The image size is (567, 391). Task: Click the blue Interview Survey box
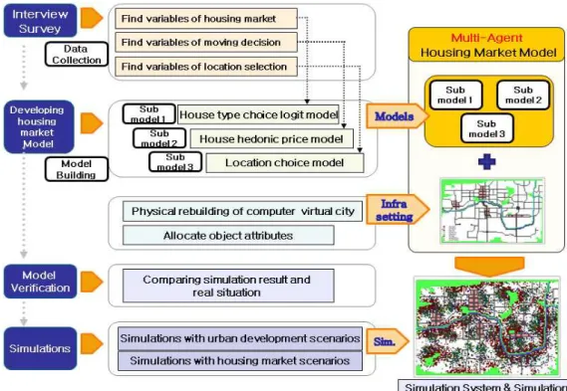coord(40,21)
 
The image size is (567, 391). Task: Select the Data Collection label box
coord(77,54)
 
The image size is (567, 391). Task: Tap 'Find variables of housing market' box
coord(206,19)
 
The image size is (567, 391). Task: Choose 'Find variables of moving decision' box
coord(206,42)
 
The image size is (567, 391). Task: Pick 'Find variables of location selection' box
coord(206,67)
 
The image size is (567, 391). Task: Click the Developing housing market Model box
coord(39,126)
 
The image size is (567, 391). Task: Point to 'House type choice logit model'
coord(258,114)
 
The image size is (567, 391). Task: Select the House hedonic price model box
coord(272,138)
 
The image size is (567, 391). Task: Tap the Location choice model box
coord(285,163)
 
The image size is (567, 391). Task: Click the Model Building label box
coord(77,169)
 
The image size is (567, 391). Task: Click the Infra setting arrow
coord(398,209)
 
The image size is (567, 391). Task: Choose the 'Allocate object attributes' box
coord(228,236)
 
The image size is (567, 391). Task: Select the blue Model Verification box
coord(40,282)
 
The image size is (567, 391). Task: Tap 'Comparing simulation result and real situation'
coord(228,286)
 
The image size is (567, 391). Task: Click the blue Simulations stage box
coord(40,348)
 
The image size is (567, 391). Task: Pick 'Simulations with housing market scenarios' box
coord(240,361)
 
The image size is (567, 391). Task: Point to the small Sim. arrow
coord(387,341)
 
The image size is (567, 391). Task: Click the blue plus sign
coord(486,161)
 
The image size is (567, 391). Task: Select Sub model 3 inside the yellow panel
coord(486,128)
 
